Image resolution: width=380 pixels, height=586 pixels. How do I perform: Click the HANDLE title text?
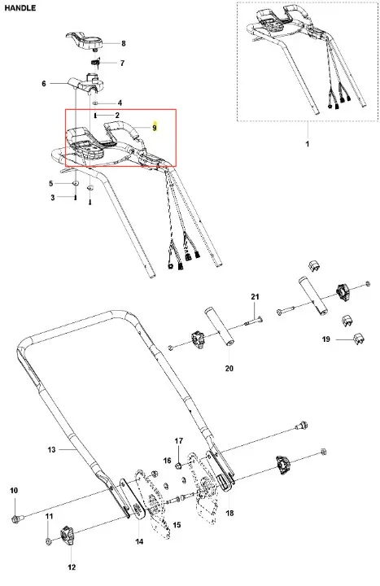20,8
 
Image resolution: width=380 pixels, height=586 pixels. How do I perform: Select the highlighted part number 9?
155,128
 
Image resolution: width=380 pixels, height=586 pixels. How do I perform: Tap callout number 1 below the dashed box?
308,144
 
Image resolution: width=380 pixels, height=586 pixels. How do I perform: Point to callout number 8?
124,43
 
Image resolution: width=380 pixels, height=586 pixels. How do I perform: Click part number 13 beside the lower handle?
51,449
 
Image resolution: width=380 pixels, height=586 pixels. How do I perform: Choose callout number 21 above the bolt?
255,297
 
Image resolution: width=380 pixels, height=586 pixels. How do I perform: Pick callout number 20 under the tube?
229,369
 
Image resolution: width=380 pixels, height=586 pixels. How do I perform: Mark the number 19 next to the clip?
326,339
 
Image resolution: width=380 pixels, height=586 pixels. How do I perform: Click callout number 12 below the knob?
72,567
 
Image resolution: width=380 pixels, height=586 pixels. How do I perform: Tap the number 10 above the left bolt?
14,490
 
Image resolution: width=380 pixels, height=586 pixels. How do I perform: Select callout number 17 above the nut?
178,441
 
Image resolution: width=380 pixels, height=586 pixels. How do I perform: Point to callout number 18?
229,513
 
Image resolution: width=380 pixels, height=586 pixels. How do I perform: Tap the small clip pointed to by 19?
358,339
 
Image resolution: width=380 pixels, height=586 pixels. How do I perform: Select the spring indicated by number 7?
97,63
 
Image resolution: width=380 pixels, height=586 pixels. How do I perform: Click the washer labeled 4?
96,103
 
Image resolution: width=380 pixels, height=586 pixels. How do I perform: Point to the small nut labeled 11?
49,540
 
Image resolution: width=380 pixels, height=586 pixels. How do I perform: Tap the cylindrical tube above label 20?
219,326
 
